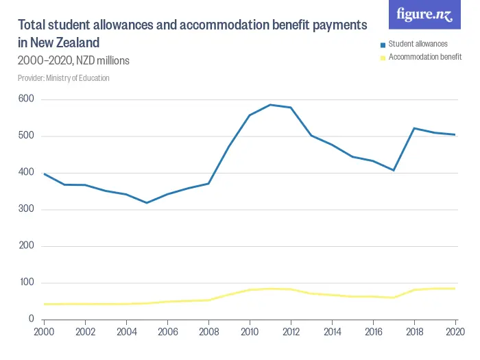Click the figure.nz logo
pyautogui.click(x=424, y=15)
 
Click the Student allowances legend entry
pyautogui.click(x=418, y=44)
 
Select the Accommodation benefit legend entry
pyautogui.click(x=424, y=57)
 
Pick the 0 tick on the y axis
pyautogui.click(x=32, y=320)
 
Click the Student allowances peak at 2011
pyautogui.click(x=270, y=105)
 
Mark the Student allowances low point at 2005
pyautogui.click(x=147, y=203)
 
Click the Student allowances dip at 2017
pyautogui.click(x=394, y=170)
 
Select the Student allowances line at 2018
pyautogui.click(x=414, y=128)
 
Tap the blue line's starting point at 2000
pyautogui.click(x=44, y=174)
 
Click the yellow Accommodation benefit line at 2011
pyautogui.click(x=270, y=289)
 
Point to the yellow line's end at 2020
pyautogui.click(x=455, y=289)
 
